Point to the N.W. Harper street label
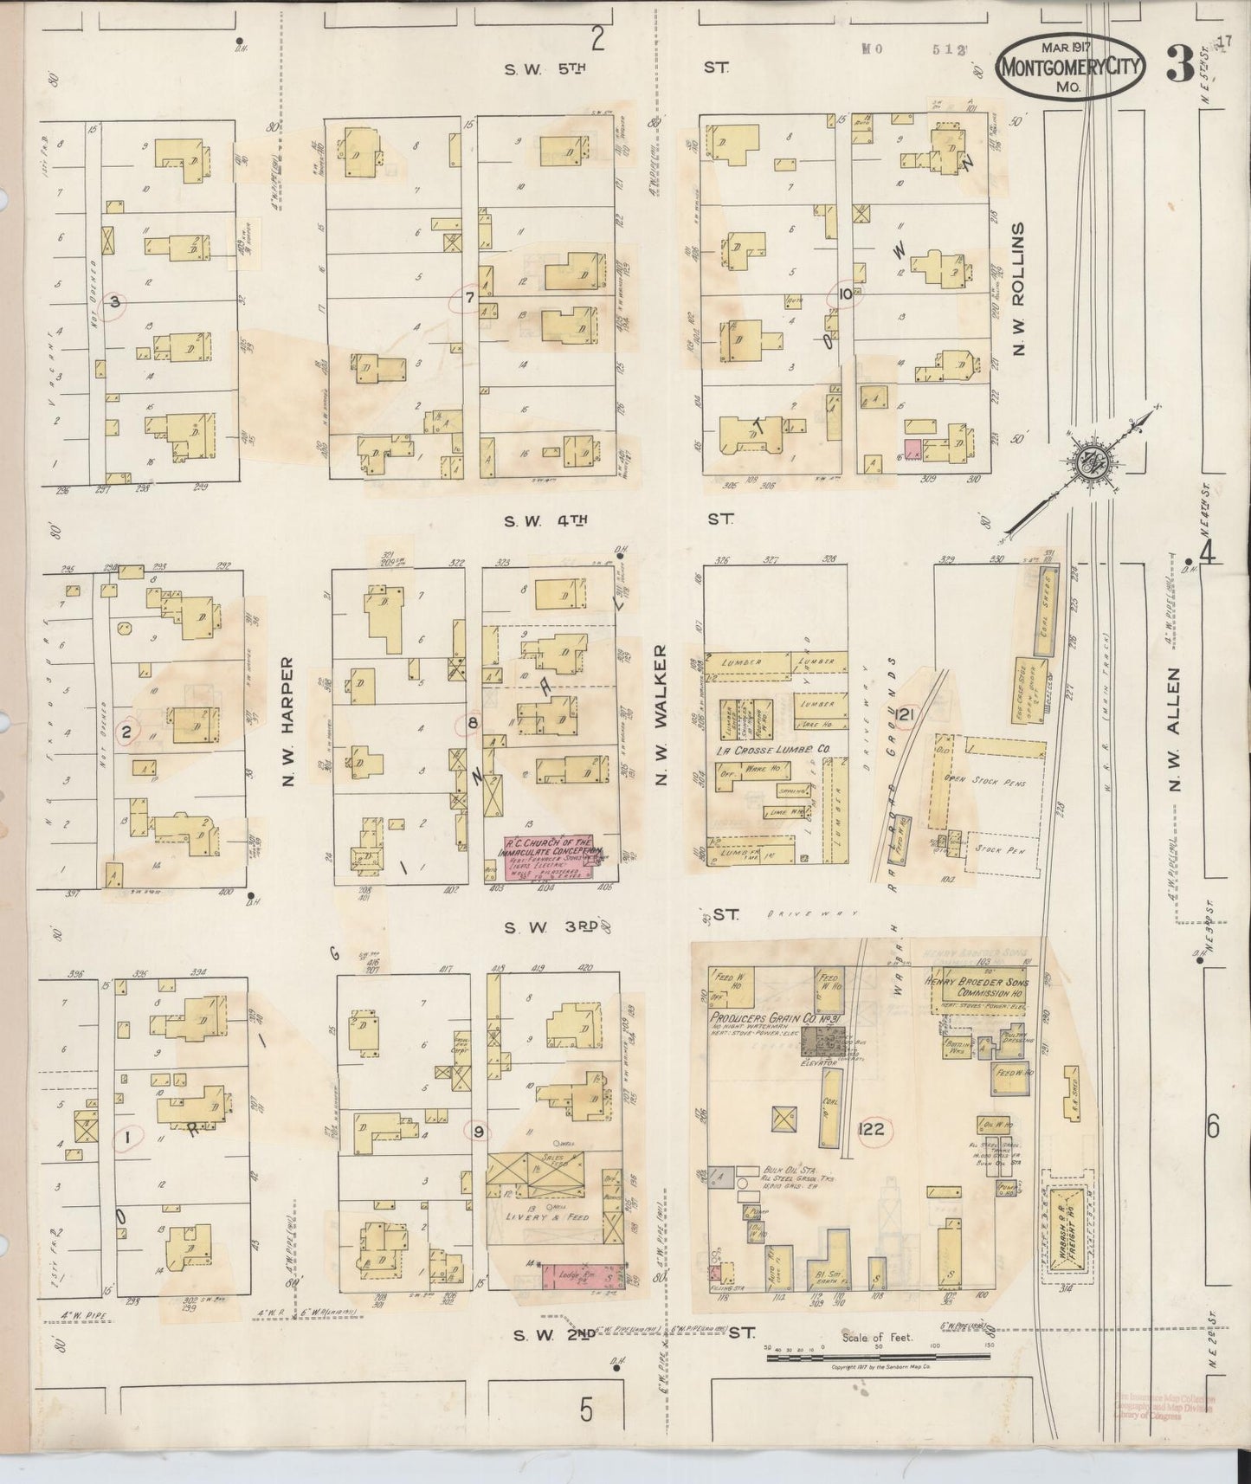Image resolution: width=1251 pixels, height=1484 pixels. click(x=288, y=723)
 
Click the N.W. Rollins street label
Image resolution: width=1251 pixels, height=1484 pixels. click(x=1018, y=287)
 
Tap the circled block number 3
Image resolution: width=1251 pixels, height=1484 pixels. click(x=113, y=302)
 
